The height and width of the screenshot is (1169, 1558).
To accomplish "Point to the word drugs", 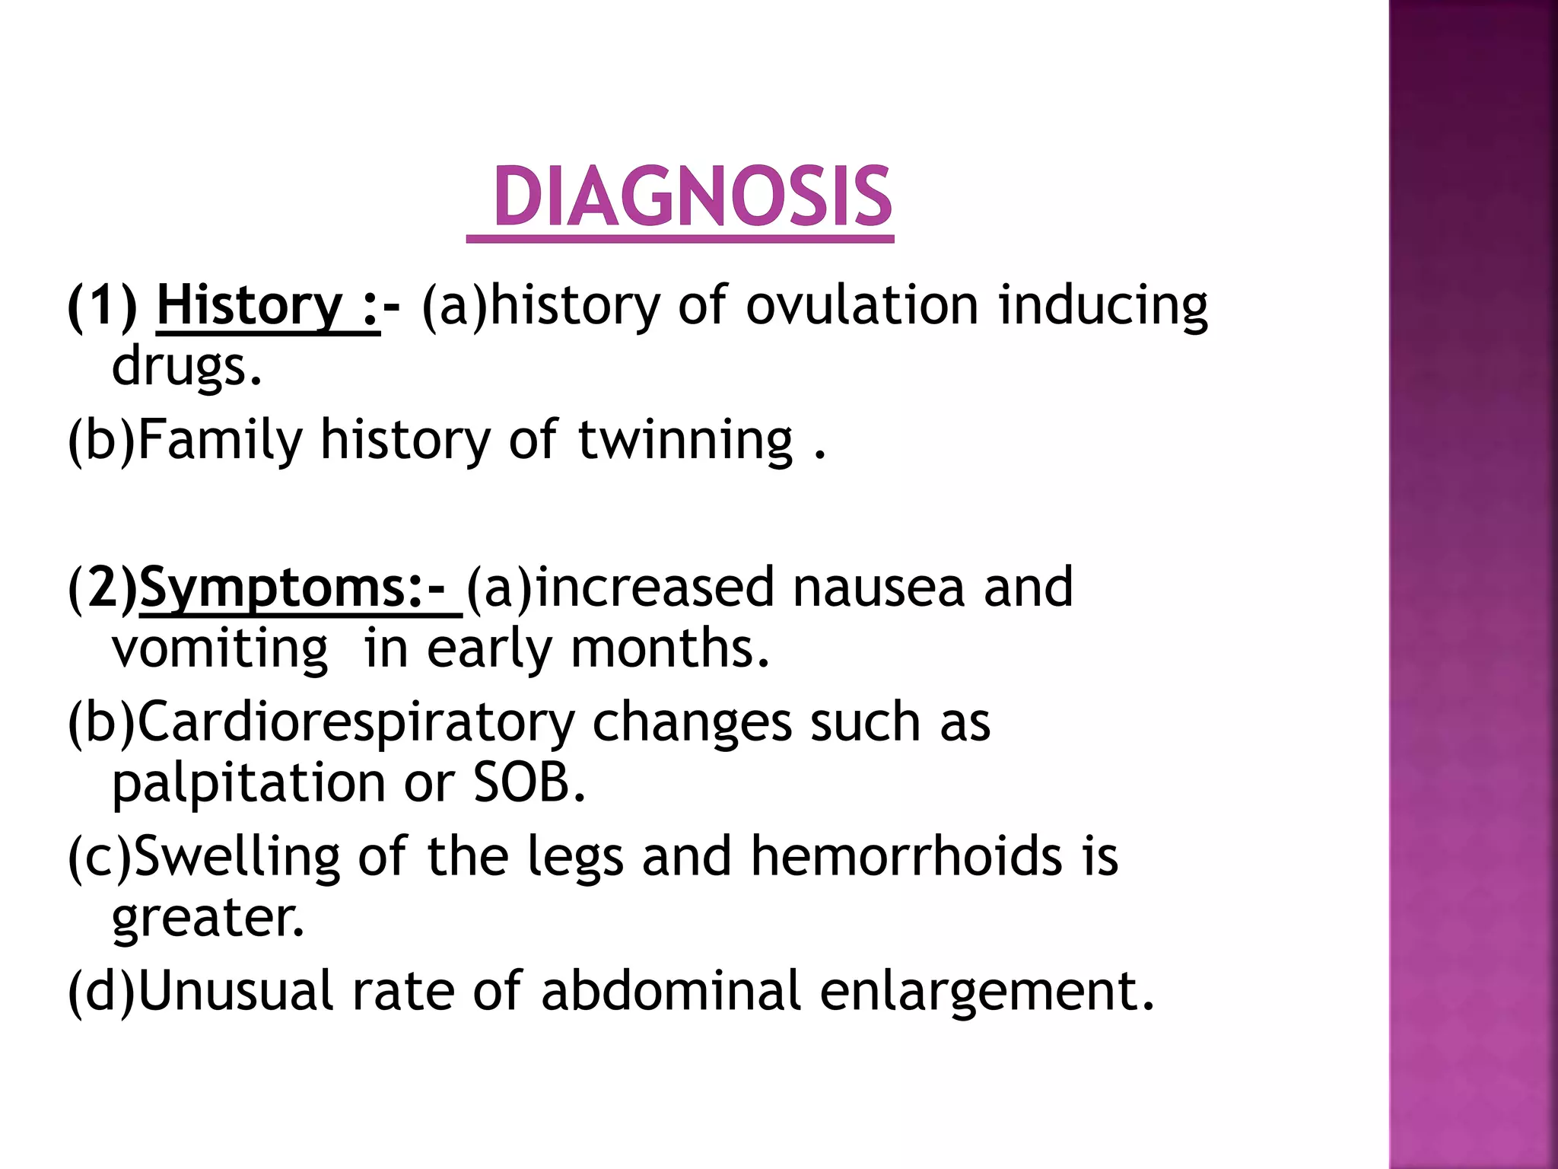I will pyautogui.click(x=186, y=368).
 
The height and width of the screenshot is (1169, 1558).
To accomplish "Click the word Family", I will pyautogui.click(x=221, y=441).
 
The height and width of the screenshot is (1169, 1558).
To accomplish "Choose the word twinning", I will pyautogui.click(x=685, y=441).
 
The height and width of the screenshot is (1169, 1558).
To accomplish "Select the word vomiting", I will pyautogui.click(x=220, y=649).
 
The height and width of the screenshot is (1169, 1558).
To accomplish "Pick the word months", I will pyautogui.click(x=669, y=648).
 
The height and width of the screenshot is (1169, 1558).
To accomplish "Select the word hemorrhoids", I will pyautogui.click(x=906, y=856).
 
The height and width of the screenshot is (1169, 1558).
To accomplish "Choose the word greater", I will pyautogui.click(x=207, y=918).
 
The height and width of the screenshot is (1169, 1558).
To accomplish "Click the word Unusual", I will pyautogui.click(x=236, y=991).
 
